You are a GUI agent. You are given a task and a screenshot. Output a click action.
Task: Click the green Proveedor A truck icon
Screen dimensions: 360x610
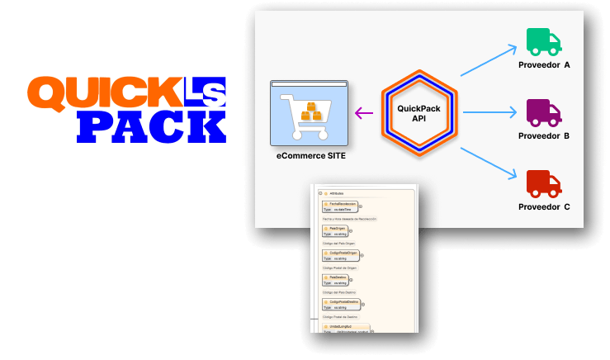544,41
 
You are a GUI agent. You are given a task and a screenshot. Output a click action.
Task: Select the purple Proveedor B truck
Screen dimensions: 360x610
544,111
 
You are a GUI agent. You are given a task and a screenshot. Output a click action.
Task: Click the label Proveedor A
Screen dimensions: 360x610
544,64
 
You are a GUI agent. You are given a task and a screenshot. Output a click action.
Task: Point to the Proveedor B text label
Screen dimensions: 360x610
544,135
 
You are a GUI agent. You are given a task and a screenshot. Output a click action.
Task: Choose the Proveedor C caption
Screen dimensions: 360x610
544,206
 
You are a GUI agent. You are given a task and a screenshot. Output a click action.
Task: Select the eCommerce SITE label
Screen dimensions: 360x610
310,155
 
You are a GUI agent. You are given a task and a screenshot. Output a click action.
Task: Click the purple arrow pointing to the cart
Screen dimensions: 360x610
364,113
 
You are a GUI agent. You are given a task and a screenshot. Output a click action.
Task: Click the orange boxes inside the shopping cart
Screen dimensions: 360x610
310,112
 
